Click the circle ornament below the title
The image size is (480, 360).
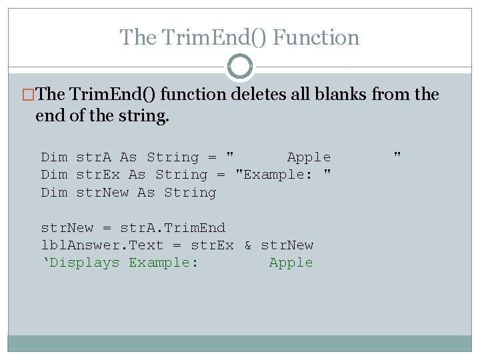[240, 67]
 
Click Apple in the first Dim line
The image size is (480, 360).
[309, 157]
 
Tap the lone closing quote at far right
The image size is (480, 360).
[397, 155]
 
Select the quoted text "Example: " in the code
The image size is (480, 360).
[284, 175]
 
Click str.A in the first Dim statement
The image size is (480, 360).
[93, 157]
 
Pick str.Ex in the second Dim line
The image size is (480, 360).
[98, 175]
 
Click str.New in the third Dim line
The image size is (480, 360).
[102, 193]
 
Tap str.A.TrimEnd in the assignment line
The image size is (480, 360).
[173, 228]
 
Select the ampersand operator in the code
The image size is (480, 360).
[247, 245]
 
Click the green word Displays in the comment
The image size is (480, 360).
[85, 263]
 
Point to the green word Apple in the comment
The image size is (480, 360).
[291, 263]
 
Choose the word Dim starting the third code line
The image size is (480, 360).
[54, 193]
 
